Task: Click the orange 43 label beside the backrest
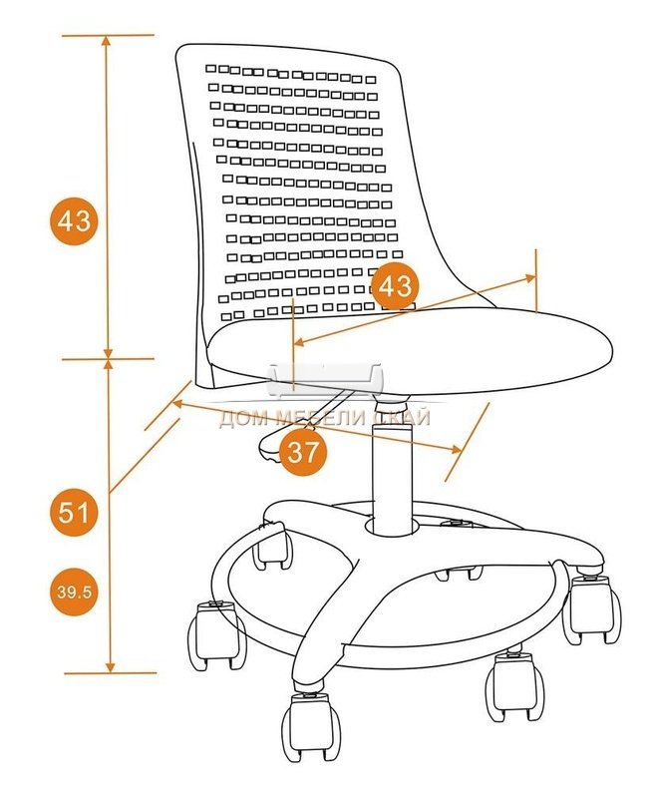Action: (74, 221)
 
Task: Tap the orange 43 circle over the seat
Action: (395, 286)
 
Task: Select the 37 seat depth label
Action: (303, 452)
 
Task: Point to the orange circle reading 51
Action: (74, 513)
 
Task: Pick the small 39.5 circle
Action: (74, 592)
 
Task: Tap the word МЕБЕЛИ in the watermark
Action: (317, 418)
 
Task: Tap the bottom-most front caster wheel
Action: (310, 726)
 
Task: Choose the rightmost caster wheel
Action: (591, 609)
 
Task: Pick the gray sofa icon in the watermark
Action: (326, 380)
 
